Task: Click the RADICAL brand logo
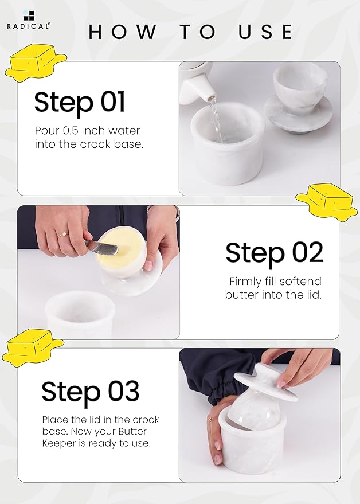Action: pyautogui.click(x=29, y=20)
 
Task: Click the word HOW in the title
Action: pyautogui.click(x=123, y=32)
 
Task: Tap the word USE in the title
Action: pyautogui.click(x=265, y=32)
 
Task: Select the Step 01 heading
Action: pyautogui.click(x=79, y=102)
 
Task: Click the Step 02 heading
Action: pyautogui.click(x=274, y=253)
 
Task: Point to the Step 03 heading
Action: pyautogui.click(x=91, y=391)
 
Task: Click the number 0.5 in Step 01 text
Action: pyautogui.click(x=71, y=131)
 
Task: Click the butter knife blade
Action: pyautogui.click(x=104, y=248)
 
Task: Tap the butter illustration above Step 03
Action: pyautogui.click(x=33, y=346)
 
